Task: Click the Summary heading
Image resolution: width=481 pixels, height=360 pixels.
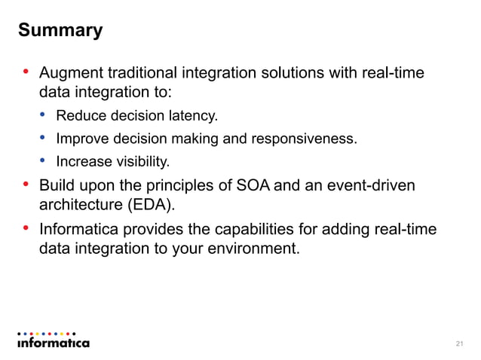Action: pos(60,31)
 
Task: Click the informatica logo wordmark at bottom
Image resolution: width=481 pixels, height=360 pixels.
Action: pos(53,343)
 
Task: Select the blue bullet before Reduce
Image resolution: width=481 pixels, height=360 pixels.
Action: pos(43,115)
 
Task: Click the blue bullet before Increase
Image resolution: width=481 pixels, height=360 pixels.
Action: pos(43,160)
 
